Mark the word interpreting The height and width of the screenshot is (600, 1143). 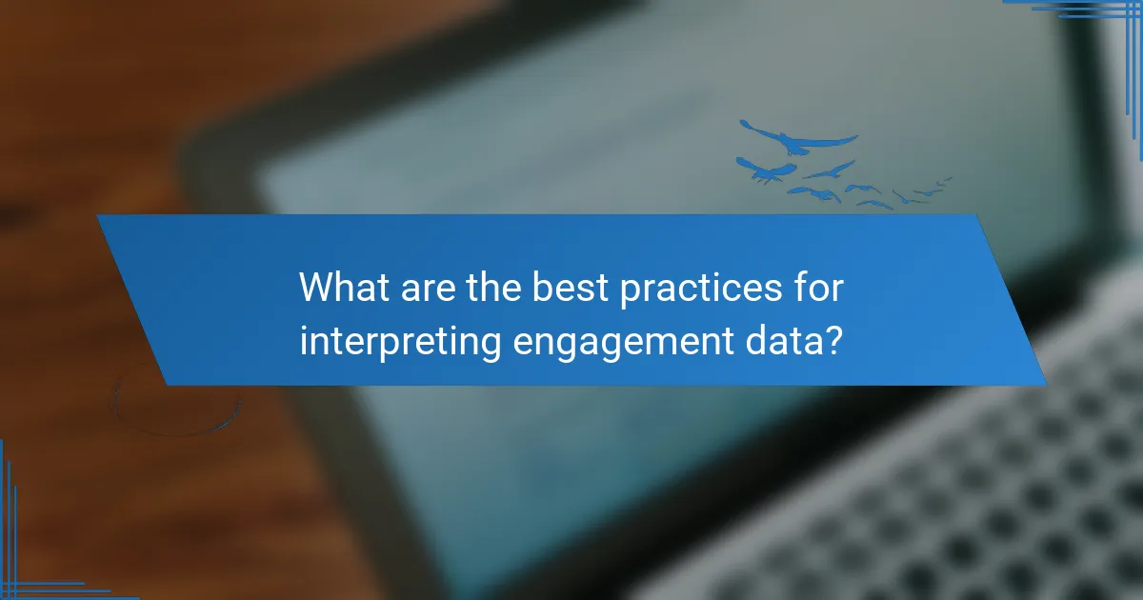pyautogui.click(x=401, y=340)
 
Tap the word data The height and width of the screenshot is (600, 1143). pyautogui.click(x=781, y=340)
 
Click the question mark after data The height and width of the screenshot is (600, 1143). pyautogui.click(x=832, y=340)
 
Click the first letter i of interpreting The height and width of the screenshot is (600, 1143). pyautogui.click(x=304, y=340)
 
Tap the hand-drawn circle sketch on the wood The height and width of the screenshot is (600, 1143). pyautogui.click(x=176, y=400)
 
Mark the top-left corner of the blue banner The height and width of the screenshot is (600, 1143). pyautogui.click(x=98, y=216)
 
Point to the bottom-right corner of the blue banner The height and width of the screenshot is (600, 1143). pyautogui.click(x=1045, y=384)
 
